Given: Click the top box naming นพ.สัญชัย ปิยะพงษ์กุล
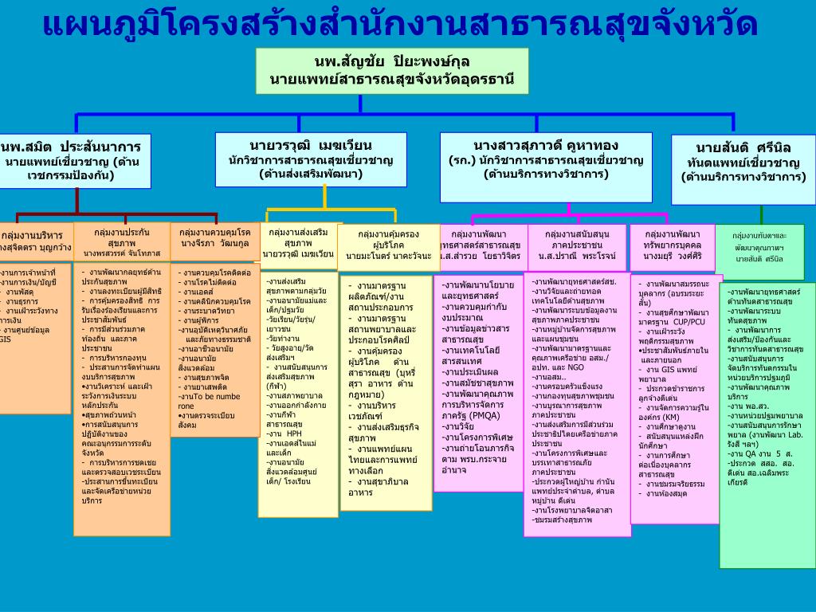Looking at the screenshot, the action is click(392, 70).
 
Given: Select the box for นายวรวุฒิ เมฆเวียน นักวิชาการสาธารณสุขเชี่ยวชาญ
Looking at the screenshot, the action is click(311, 159).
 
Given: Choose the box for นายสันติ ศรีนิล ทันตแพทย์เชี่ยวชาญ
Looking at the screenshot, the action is click(743, 162).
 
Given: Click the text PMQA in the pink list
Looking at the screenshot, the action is click(487, 414).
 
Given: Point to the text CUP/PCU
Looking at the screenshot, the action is click(689, 321).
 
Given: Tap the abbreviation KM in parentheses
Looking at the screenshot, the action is click(670, 416).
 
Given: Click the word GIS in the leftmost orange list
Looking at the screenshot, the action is click(6, 339).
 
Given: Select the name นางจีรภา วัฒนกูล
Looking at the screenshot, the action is click(214, 243).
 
